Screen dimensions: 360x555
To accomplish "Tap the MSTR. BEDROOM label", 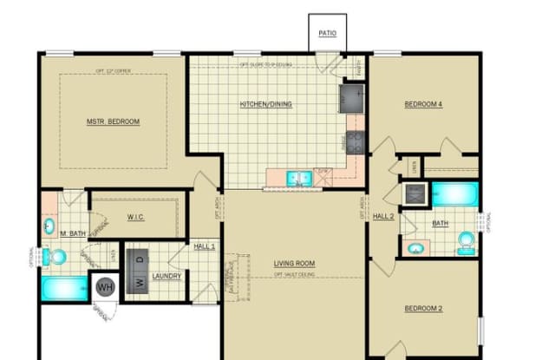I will click(113, 121).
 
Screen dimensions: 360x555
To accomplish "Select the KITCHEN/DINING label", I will click(265, 105).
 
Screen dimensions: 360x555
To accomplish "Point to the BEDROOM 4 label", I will click(423, 105).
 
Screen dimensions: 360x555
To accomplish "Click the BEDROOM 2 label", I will click(423, 308).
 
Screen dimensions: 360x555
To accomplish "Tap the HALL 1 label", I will click(204, 247).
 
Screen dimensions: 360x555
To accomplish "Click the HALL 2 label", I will click(383, 216).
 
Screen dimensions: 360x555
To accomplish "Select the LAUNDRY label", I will click(166, 277).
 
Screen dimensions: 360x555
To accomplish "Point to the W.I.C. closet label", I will click(134, 217).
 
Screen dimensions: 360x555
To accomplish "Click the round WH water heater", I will click(105, 286).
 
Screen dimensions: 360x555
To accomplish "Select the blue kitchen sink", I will click(300, 179).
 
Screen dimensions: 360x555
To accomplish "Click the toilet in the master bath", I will click(57, 257).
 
